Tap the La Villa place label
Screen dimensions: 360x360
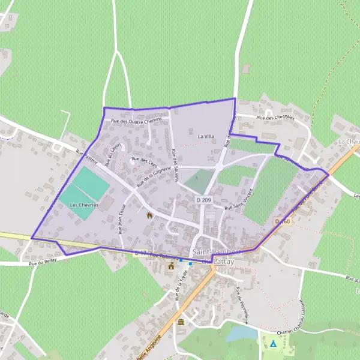pyautogui.click(x=205, y=137)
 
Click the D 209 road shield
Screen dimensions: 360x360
pyautogui.click(x=203, y=199)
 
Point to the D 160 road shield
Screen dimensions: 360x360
pyautogui.click(x=283, y=221)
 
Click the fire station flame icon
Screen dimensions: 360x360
pyautogui.click(x=149, y=213)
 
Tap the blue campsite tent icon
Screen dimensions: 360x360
pyautogui.click(x=273, y=344)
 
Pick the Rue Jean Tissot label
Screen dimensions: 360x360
pyautogui.click(x=122, y=215)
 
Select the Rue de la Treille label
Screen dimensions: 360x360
pyautogui.click(x=178, y=287)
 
